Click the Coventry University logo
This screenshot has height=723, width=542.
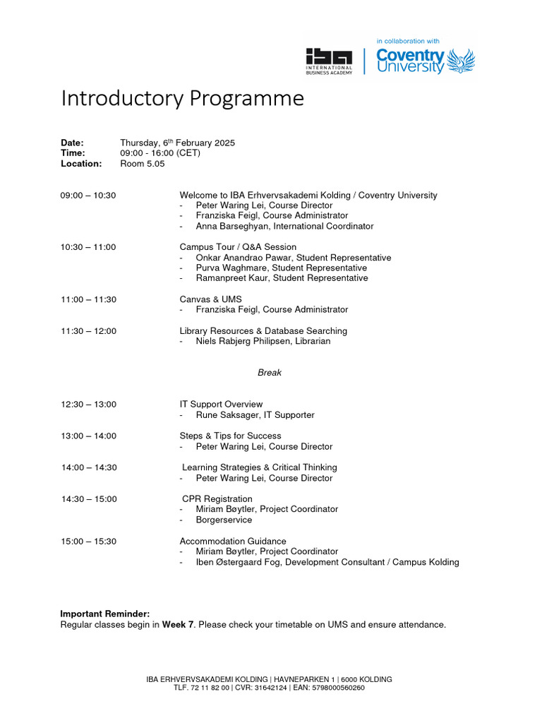[425, 61]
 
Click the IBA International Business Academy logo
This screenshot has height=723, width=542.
[328, 61]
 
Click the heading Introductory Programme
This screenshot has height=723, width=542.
[182, 98]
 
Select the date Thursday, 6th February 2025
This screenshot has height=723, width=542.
[177, 143]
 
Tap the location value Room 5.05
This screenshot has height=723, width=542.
[142, 163]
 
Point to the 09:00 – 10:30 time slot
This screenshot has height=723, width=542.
[88, 195]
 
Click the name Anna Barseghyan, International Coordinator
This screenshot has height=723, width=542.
[284, 226]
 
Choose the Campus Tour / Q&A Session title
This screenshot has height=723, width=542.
[238, 247]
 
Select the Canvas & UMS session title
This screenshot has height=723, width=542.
[210, 299]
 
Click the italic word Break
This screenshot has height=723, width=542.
[270, 372]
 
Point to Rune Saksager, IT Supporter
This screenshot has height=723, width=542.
[255, 415]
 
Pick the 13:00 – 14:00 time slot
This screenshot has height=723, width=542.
[88, 436]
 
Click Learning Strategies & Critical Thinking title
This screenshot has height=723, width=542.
[259, 467]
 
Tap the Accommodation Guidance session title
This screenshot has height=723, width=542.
[233, 541]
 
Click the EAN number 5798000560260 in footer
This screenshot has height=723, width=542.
[337, 688]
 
